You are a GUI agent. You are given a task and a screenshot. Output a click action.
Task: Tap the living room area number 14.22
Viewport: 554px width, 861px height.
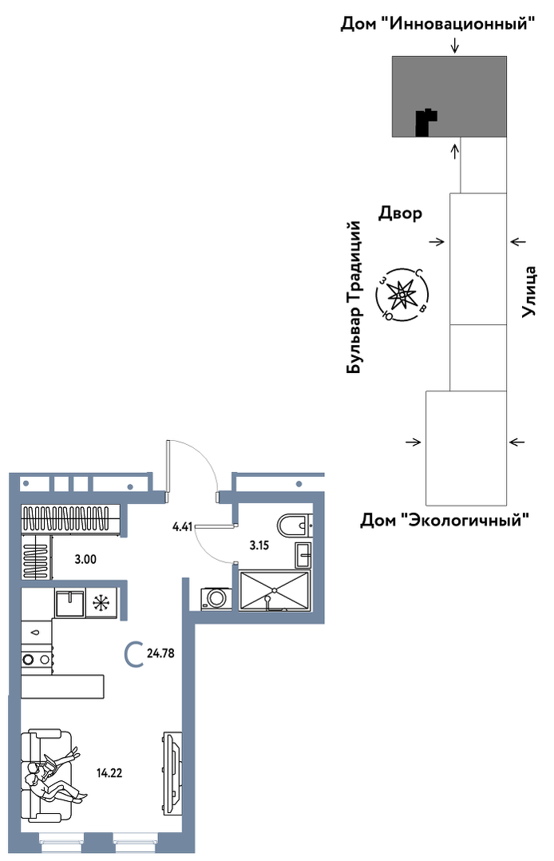(x=109, y=773)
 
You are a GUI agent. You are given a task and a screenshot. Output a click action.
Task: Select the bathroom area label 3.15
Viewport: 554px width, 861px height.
(x=259, y=546)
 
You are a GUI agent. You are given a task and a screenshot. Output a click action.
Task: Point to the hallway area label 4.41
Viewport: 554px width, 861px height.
(x=182, y=527)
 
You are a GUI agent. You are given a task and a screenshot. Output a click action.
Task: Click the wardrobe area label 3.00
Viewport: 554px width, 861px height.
(x=85, y=560)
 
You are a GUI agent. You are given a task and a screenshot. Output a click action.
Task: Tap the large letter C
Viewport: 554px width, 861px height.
(x=133, y=654)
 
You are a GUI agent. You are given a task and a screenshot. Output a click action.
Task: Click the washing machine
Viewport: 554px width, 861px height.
(x=216, y=598)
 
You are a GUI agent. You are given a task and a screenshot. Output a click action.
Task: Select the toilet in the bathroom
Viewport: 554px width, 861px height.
(x=295, y=525)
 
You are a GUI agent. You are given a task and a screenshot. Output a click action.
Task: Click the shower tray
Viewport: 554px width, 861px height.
(x=275, y=590)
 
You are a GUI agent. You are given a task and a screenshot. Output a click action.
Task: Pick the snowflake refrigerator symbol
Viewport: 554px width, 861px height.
(x=101, y=603)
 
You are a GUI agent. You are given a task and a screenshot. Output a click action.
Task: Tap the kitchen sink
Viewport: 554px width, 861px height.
(x=69, y=603)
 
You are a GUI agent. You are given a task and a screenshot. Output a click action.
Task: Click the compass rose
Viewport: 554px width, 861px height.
(x=402, y=296)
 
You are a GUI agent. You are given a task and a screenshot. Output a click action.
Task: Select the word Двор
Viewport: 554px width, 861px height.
(x=400, y=213)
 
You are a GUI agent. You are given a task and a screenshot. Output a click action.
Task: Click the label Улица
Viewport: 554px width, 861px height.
(x=528, y=292)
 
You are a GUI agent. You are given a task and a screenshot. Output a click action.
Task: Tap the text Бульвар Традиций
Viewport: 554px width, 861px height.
(x=354, y=298)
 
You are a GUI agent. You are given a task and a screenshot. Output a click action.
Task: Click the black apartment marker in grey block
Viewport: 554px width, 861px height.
(x=426, y=122)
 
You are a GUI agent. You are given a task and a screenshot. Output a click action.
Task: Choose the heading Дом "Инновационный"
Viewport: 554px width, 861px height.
(x=437, y=24)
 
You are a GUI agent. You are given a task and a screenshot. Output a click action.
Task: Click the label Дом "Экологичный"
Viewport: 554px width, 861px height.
(x=445, y=519)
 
